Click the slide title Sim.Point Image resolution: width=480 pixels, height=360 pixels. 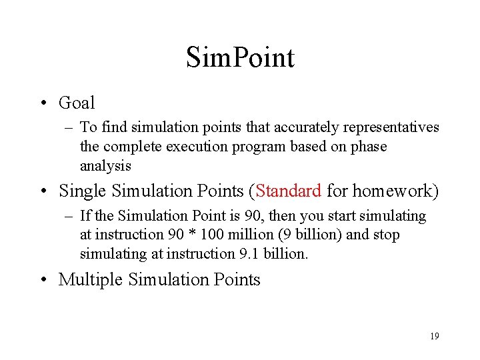click(x=240, y=57)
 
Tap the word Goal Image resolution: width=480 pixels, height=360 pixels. click(x=77, y=103)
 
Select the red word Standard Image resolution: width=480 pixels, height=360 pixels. click(x=289, y=191)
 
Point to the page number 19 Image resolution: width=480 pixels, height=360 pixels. click(x=434, y=336)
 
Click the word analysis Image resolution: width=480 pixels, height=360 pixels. click(x=105, y=165)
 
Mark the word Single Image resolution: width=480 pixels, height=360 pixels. click(x=83, y=191)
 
